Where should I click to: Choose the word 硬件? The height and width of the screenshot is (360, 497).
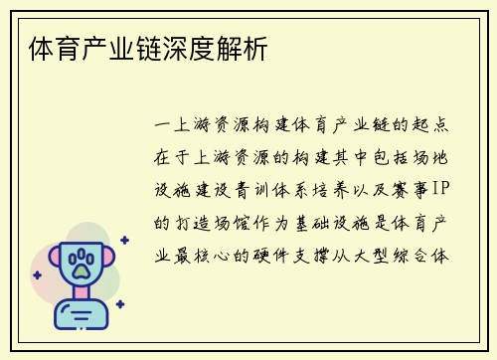(x=293, y=253)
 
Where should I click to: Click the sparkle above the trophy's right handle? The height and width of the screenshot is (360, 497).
(x=124, y=240)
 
